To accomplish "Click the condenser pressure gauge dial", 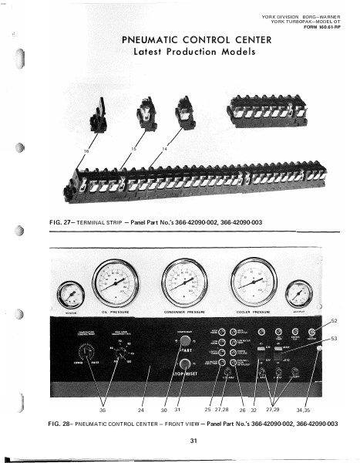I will pos(185,282).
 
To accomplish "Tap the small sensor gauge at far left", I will pos(70,295).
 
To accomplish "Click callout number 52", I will pos(334,319).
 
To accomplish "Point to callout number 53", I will pos(334,338).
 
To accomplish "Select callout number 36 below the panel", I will pos(103,409).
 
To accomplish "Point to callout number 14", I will pos(164,147).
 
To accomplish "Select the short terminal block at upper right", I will pos(264,115).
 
